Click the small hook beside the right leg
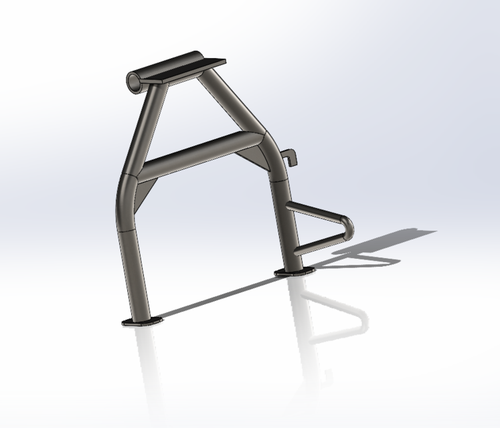(289, 157)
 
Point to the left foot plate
(142, 322)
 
